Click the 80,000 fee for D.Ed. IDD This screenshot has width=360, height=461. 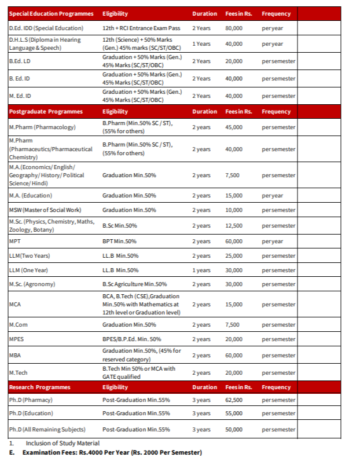point(233,28)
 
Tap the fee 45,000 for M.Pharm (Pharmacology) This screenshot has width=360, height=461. point(233,127)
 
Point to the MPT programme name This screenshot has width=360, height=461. point(15,241)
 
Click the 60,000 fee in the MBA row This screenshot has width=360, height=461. point(233,355)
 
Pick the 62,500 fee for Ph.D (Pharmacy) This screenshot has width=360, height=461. point(233,400)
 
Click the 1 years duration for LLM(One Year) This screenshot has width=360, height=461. point(201,270)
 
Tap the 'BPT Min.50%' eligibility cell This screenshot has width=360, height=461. point(119,241)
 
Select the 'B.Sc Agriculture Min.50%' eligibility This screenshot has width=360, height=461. point(134,284)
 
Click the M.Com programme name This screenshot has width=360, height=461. point(19,324)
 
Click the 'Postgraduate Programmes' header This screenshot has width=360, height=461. point(46,111)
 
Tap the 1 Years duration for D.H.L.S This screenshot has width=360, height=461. point(201,43)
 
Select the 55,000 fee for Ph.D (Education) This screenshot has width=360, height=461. point(233,413)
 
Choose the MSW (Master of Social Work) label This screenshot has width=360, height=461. point(45,210)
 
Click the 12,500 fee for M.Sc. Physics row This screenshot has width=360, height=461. point(233,225)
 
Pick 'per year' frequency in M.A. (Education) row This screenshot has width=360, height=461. point(272,196)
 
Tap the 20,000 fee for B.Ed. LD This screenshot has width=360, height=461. point(233,61)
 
